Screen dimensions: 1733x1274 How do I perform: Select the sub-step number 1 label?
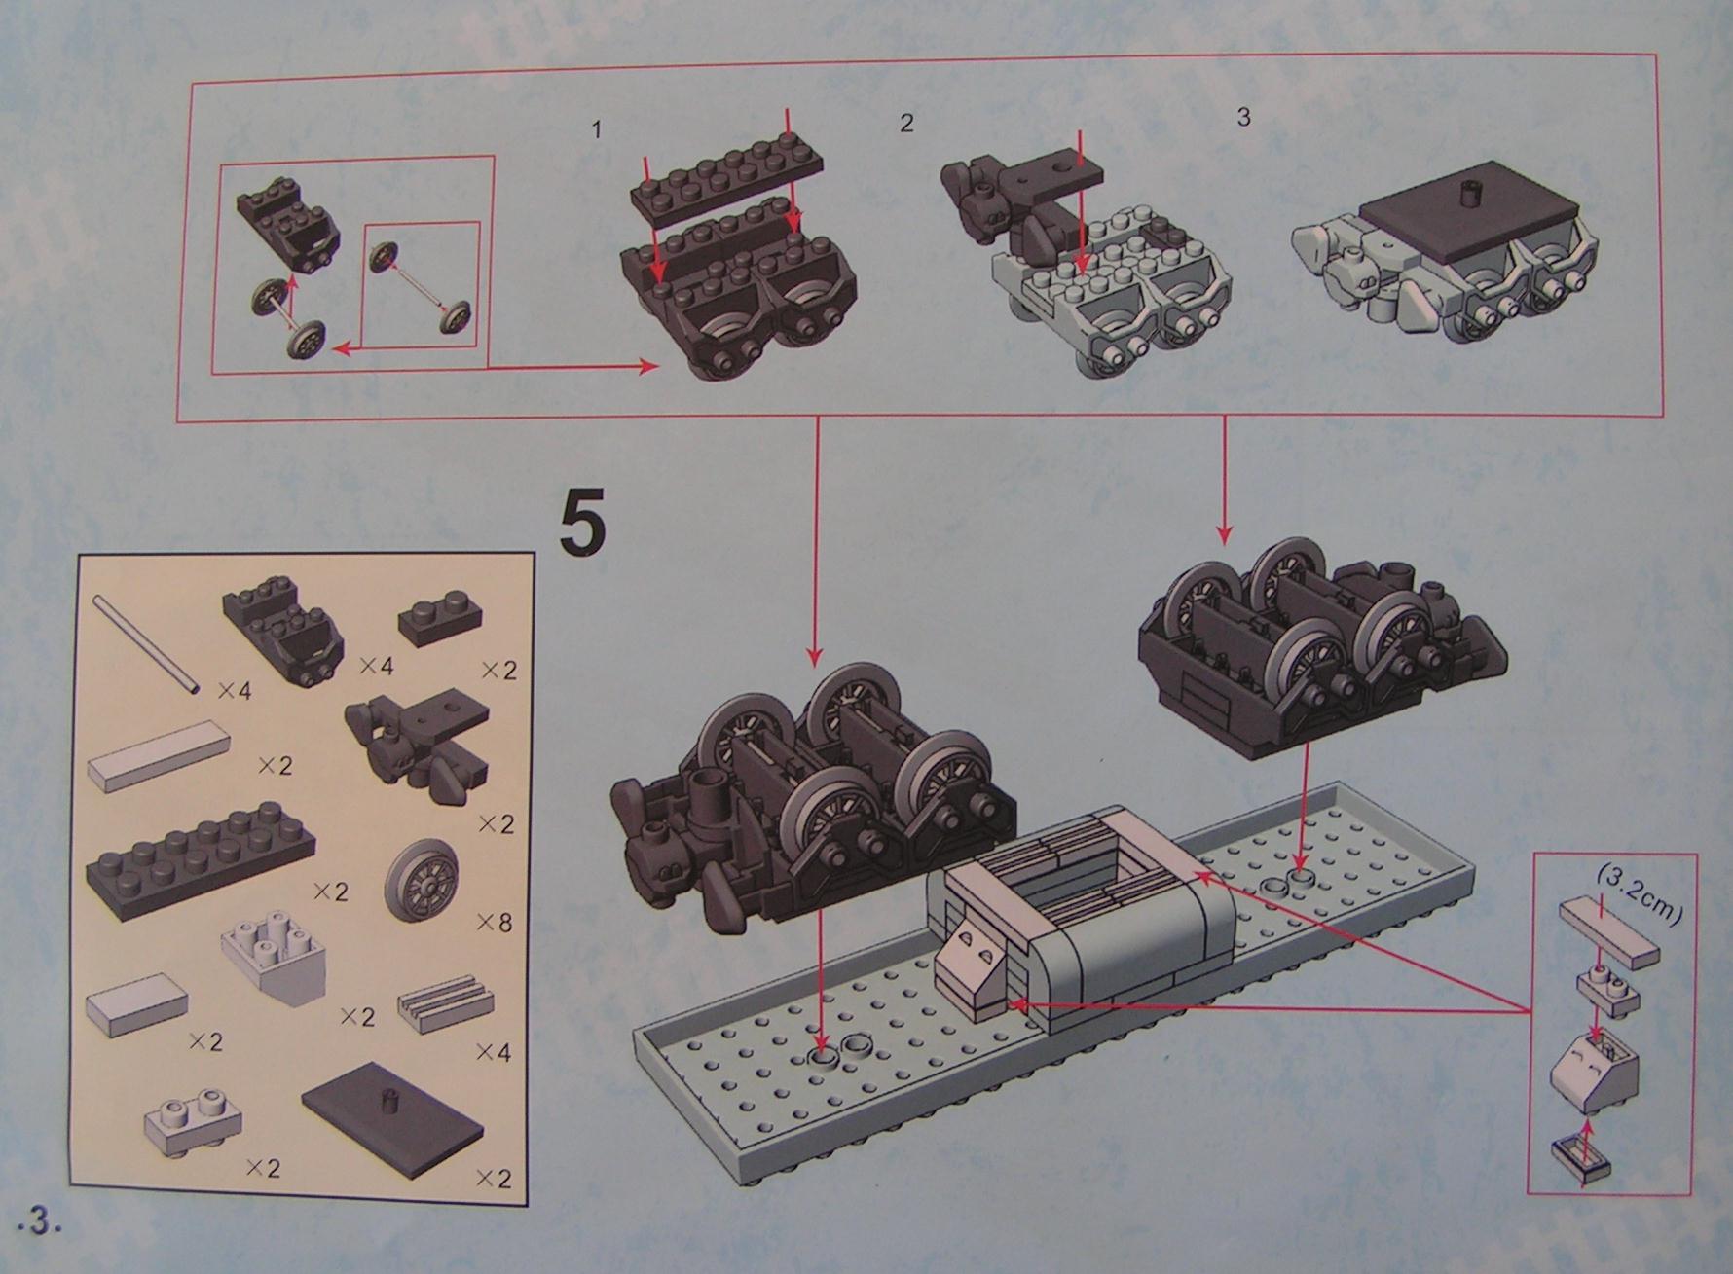coord(597,130)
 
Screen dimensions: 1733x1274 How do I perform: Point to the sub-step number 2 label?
coord(906,124)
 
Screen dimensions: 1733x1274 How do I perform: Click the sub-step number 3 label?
coord(1243,118)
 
